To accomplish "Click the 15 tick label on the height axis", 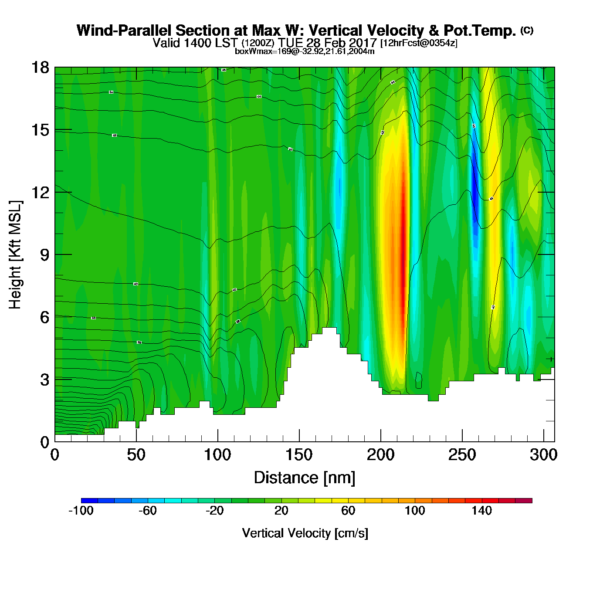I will click(x=40, y=130).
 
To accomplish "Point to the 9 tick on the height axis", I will click(x=44, y=255).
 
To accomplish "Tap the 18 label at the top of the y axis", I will click(x=40, y=68).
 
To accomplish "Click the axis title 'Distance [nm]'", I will click(x=305, y=478).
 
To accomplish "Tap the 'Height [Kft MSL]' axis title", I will click(x=15, y=255).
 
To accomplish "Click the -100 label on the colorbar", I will click(x=81, y=511).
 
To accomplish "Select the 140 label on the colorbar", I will click(x=481, y=511).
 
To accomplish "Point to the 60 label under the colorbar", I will click(x=348, y=511).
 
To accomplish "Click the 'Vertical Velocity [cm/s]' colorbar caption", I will click(x=305, y=533).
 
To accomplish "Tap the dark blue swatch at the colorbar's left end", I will click(x=89, y=501).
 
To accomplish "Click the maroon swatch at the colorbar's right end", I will click(x=524, y=501).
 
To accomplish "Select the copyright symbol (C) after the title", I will click(x=527, y=30).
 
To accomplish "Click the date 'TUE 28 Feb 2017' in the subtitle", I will click(x=327, y=43).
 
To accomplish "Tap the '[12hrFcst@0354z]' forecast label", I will click(x=419, y=43).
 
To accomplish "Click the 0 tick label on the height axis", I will click(x=44, y=442).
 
